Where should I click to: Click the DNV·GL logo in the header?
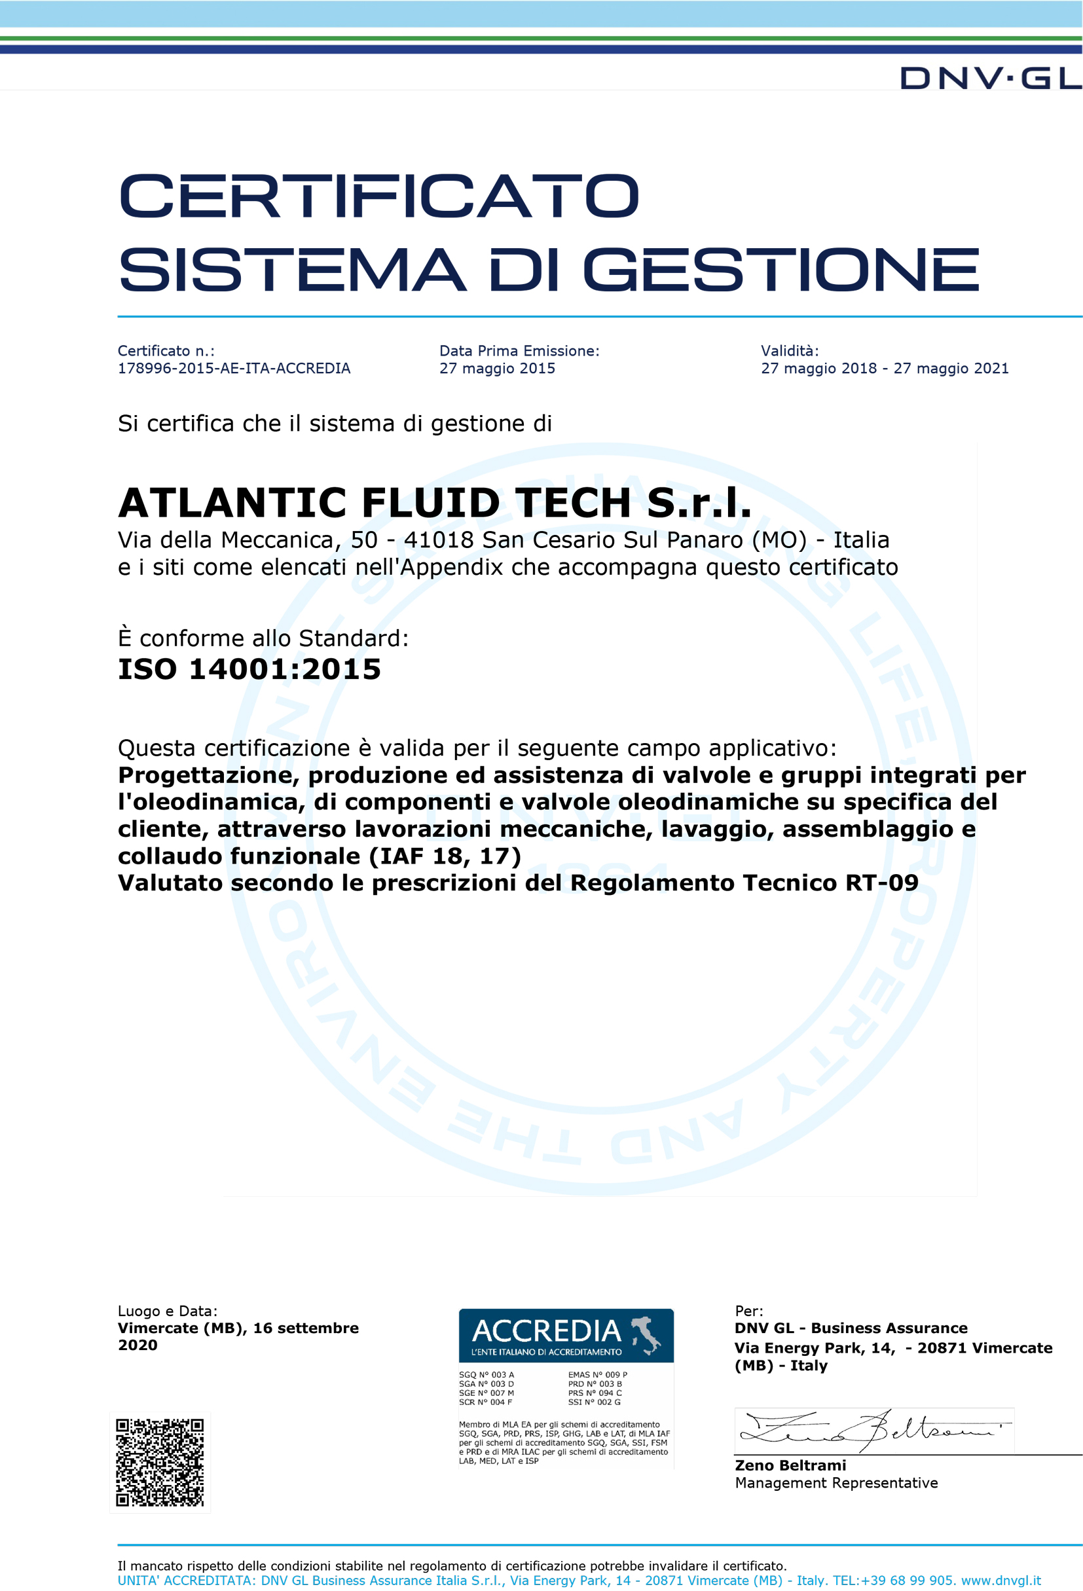point(990,79)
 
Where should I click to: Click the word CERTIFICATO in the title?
point(378,196)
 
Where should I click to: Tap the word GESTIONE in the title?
point(780,270)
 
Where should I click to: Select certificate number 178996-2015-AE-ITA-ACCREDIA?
point(234,369)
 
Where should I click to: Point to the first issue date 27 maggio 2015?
point(497,369)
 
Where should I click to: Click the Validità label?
point(789,350)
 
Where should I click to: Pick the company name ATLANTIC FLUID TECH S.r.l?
point(435,503)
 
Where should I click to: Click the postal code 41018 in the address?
point(439,540)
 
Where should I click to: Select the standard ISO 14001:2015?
point(249,669)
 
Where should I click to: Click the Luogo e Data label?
point(167,1311)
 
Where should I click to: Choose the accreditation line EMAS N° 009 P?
point(597,1375)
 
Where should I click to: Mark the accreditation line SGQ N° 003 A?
point(486,1375)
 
